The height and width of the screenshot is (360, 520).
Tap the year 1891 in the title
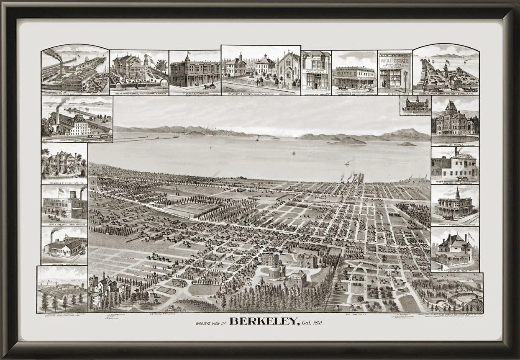(x=317, y=323)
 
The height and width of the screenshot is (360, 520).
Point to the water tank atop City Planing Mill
(x=73, y=194)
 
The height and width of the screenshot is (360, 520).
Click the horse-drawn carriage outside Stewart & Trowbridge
(x=210, y=86)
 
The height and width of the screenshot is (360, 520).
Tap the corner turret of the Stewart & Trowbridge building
(x=187, y=62)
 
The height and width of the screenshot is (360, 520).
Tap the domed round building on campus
(x=277, y=273)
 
